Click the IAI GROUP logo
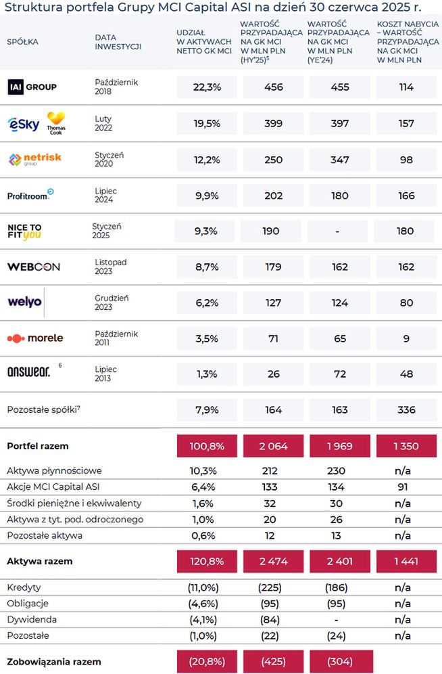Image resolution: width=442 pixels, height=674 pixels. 32,87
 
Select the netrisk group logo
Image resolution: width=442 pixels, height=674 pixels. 34,159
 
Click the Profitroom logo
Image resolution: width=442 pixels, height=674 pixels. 30,195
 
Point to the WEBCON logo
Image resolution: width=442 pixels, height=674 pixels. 34,267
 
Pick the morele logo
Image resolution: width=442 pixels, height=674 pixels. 35,338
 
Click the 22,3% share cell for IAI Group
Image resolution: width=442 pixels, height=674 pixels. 206,87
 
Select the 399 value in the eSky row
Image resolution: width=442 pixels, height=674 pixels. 272,123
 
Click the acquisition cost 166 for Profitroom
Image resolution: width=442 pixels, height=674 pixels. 406,196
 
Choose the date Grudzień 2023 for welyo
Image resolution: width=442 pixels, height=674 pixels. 112,302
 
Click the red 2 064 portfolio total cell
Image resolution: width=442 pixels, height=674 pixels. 272,446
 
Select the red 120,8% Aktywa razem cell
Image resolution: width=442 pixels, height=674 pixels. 206,562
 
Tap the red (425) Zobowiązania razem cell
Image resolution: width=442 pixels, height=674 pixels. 272,661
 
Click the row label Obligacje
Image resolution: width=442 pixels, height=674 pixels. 28,603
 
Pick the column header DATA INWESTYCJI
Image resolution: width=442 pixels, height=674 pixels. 118,41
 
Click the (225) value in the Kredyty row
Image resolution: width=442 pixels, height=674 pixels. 272,587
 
